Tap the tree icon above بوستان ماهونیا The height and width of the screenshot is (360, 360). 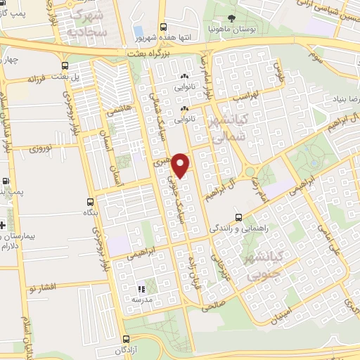(x=233, y=18)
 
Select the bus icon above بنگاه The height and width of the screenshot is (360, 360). (x=89, y=200)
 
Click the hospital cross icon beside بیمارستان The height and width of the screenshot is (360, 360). (x=3, y=226)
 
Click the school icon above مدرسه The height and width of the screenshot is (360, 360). (x=141, y=288)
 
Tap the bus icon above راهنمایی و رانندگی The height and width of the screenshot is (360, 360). (x=239, y=217)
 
